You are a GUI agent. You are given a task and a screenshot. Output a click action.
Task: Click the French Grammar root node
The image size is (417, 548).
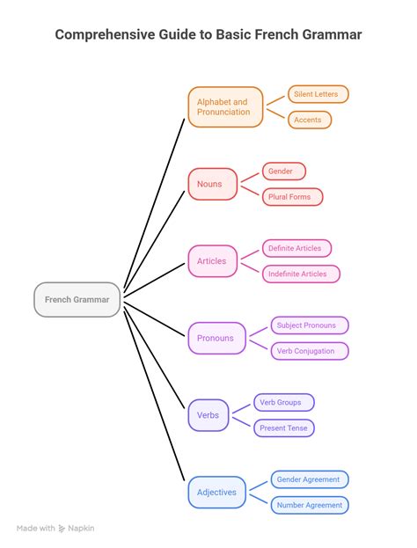coord(77,300)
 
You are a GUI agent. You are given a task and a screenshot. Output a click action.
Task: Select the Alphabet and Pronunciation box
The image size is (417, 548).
coord(225,107)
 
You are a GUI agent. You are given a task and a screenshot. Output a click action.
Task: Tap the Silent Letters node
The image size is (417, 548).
coord(318,94)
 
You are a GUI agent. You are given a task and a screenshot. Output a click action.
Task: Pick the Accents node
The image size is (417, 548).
coord(310,120)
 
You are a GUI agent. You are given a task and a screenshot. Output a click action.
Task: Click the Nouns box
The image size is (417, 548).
coord(213,184)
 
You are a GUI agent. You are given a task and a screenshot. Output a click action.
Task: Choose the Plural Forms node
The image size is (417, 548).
coord(293,197)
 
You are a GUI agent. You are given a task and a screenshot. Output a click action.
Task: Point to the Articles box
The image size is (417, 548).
coord(213,261)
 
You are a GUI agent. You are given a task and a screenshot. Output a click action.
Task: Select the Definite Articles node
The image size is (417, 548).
coord(296,248)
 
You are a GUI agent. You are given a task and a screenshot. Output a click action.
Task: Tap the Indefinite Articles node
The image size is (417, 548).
coord(301,274)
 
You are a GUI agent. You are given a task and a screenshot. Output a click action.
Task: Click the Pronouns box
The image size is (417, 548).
coord(216,338)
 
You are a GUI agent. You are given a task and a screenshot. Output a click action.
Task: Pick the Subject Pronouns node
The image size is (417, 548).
coord(310,325)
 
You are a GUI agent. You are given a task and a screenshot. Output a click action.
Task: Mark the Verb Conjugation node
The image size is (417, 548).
coord(310,351)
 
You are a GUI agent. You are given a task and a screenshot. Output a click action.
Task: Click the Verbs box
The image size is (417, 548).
coord(208,415)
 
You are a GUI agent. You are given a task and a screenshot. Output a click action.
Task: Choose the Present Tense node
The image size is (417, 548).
coord(284,428)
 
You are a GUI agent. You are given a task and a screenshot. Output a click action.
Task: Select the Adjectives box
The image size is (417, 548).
coord(216,492)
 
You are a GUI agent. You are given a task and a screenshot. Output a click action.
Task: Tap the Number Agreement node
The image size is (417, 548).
coord(310,505)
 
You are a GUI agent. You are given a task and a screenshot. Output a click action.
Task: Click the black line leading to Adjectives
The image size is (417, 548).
coord(155,397)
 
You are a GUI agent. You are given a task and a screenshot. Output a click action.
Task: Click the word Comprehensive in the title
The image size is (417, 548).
coord(105,34)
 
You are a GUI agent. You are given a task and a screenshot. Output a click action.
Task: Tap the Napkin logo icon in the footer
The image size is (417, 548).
coord(62,529)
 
